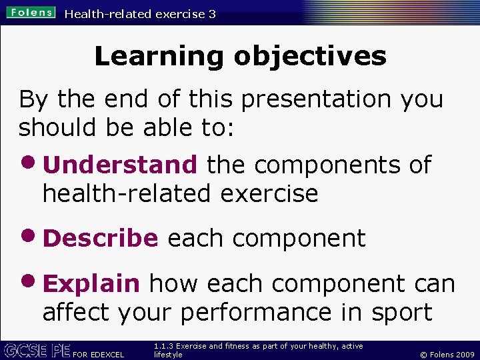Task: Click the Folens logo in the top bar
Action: pos(32,13)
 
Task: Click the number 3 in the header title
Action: pos(211,14)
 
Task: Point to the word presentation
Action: pos(317,99)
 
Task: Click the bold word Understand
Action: pos(120,165)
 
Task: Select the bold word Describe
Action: pos(100,239)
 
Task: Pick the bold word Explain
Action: pos(91,284)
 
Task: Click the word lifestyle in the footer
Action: pos(167,355)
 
